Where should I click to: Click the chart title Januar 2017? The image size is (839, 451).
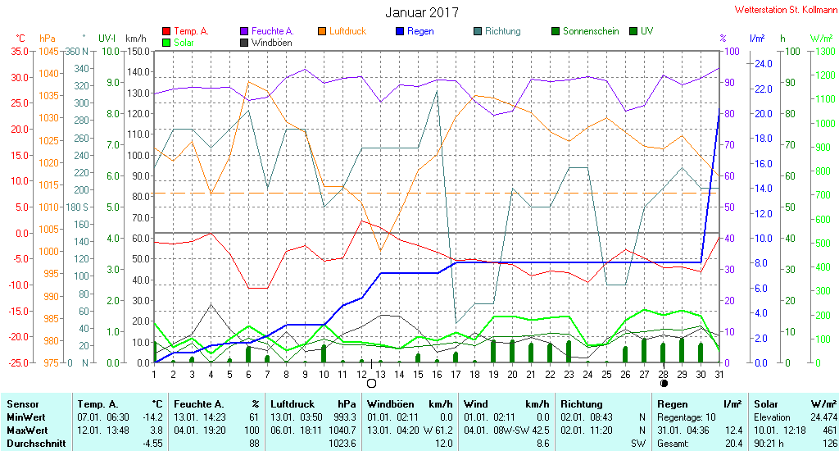click(x=422, y=12)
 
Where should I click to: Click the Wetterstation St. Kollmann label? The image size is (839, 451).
click(x=786, y=10)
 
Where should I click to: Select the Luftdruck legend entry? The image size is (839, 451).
click(x=342, y=31)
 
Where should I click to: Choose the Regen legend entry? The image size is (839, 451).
click(x=415, y=31)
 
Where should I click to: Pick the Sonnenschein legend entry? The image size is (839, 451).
click(x=585, y=31)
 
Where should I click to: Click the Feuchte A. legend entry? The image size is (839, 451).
click(x=267, y=31)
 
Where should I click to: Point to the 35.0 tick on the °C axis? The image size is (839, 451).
click(x=20, y=52)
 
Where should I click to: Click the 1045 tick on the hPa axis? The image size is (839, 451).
click(x=48, y=52)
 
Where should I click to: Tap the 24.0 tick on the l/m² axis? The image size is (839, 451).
click(x=763, y=64)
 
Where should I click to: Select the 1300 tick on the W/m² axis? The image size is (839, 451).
click(x=824, y=52)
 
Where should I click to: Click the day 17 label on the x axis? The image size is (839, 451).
click(x=456, y=375)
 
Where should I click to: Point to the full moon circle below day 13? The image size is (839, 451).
click(x=371, y=384)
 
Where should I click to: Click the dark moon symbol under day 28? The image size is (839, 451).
click(x=664, y=383)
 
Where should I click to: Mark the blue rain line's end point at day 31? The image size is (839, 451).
click(x=719, y=109)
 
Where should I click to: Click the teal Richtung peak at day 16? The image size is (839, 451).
click(x=438, y=91)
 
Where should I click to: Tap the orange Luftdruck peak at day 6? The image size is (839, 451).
click(x=248, y=81)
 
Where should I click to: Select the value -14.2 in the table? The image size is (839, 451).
click(x=152, y=417)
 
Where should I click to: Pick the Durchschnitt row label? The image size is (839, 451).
click(x=36, y=444)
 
